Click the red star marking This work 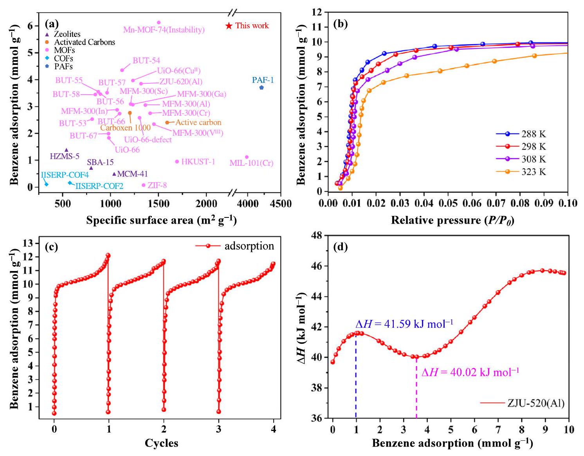tap(229, 26)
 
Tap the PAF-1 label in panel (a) tap(263, 80)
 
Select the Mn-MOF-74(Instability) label tap(164, 30)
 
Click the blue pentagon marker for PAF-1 tap(261, 88)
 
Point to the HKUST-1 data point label tap(198, 162)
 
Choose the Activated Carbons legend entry tap(85, 42)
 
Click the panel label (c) tap(51, 247)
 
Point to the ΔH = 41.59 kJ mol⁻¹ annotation tap(404, 324)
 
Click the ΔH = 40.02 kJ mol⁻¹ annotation tap(470, 372)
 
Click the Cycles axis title tap(161, 443)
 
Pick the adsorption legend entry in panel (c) tap(249, 246)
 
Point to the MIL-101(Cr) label tap(251, 163)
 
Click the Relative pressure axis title tap(452, 220)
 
